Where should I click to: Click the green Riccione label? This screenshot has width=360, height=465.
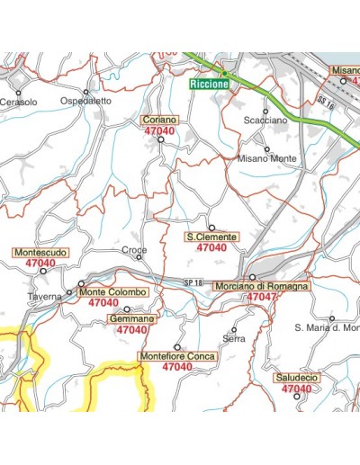210,85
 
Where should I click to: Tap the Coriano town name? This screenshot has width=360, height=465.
159,120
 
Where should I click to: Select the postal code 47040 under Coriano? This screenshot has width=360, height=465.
159,131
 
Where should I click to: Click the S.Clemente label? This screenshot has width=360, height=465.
211,237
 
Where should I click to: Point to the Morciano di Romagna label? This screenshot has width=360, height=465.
262,285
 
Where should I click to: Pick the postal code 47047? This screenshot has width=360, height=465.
262,297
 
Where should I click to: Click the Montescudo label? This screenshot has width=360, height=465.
40,254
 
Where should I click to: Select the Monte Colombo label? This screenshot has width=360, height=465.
112,292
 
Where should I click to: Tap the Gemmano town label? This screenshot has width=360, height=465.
131,319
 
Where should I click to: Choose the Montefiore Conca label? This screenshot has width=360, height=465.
177,356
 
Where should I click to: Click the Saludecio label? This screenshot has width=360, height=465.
297,379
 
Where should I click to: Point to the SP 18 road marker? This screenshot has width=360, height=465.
192,283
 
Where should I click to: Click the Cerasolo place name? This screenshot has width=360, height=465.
19,103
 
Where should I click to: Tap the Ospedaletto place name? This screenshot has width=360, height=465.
86,102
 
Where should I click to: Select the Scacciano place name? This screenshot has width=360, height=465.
265,120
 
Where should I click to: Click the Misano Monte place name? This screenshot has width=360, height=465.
266,158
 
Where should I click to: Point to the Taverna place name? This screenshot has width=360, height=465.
44,296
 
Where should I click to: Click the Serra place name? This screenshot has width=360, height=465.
234,338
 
